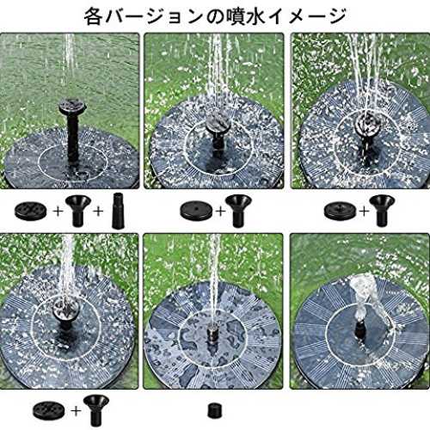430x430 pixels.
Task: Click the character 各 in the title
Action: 93,16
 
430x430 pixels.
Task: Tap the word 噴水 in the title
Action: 244,16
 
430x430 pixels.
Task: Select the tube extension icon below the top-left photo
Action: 117,211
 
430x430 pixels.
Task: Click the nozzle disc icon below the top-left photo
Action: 31,211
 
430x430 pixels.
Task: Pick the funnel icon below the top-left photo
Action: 78,211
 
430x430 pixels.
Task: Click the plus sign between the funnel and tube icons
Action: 98,212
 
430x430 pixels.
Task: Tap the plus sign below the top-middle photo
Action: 221,212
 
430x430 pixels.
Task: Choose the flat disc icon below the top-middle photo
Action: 196,211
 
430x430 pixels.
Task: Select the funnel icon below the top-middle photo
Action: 238,211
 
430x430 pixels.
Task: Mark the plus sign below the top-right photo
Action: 365,212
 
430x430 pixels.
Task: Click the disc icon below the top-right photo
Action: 341,211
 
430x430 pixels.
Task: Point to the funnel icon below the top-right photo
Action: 382,211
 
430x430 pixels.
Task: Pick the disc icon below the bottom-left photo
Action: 49,410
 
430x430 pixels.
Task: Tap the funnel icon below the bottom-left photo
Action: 96,410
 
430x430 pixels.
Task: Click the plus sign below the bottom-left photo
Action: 76,411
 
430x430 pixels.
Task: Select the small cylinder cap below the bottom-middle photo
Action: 215,410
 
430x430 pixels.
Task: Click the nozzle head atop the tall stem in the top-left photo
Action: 73,107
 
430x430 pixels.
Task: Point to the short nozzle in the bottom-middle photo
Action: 212,333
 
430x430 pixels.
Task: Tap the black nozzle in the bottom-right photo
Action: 359,329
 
